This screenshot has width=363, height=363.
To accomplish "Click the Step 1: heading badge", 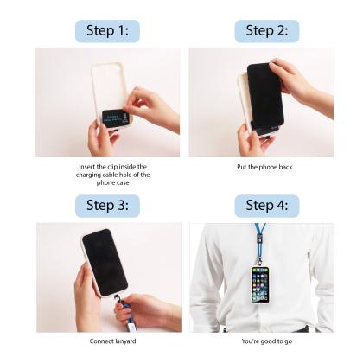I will point(107,31).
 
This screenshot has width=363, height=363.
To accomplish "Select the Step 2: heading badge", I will point(266,31).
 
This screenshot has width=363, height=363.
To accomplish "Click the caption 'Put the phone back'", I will point(264,167).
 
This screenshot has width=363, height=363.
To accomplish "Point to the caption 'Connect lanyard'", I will point(107,341).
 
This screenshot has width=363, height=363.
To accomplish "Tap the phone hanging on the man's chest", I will point(260,283).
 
